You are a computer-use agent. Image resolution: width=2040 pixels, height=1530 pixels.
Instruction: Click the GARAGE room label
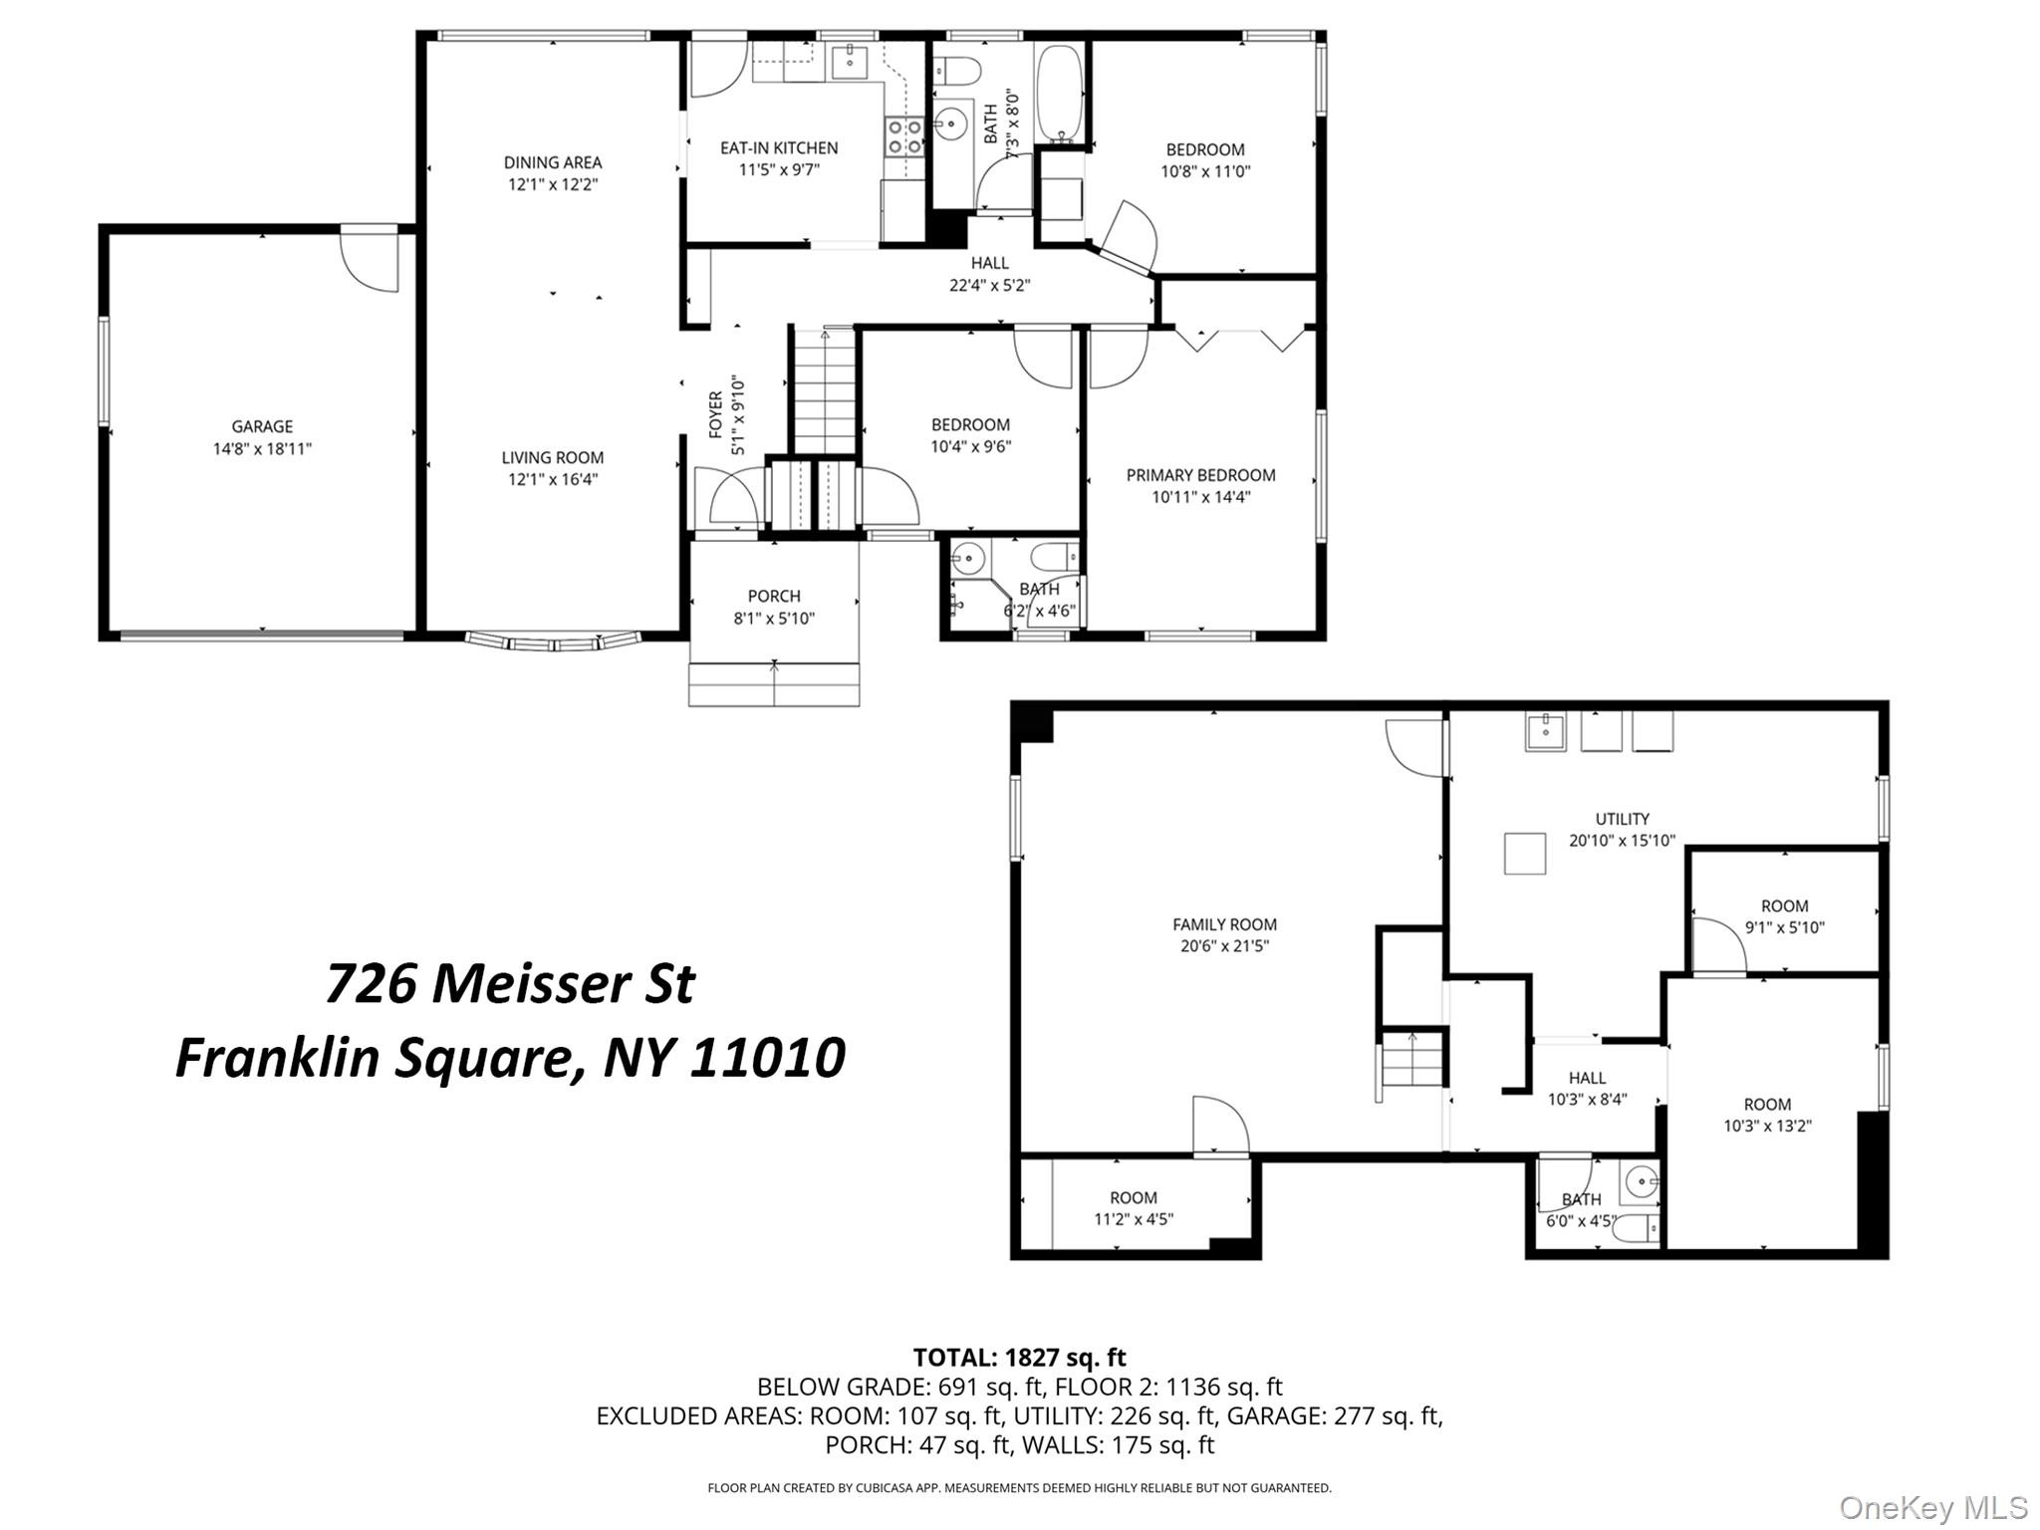[262, 426]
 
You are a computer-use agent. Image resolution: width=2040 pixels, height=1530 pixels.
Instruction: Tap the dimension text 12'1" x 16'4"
[553, 479]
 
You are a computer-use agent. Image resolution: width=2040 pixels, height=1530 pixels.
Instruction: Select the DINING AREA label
[553, 162]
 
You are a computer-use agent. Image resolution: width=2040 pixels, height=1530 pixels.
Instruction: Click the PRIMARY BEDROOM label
[1200, 475]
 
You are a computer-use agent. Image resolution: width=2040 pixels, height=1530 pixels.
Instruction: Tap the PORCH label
[774, 596]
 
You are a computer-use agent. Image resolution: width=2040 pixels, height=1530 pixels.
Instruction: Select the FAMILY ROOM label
[1224, 924]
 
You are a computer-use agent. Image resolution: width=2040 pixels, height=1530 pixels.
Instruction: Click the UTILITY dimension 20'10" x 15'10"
[1622, 841]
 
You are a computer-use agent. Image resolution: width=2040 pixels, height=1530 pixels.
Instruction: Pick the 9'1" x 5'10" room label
[1784, 927]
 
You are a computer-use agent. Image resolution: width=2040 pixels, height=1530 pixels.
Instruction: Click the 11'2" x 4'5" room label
[1134, 1218]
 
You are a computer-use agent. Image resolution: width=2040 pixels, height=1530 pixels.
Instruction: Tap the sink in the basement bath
[1641, 1183]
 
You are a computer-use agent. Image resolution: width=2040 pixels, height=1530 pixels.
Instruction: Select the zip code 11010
[767, 1058]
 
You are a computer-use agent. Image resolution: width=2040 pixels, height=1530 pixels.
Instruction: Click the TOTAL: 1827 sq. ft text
[1019, 1357]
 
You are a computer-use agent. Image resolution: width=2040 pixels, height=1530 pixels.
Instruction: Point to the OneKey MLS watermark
[1932, 1507]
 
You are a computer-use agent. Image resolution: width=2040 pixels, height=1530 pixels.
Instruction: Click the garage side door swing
[369, 260]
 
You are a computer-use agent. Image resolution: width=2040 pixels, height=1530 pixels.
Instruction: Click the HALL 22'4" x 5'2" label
[989, 274]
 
